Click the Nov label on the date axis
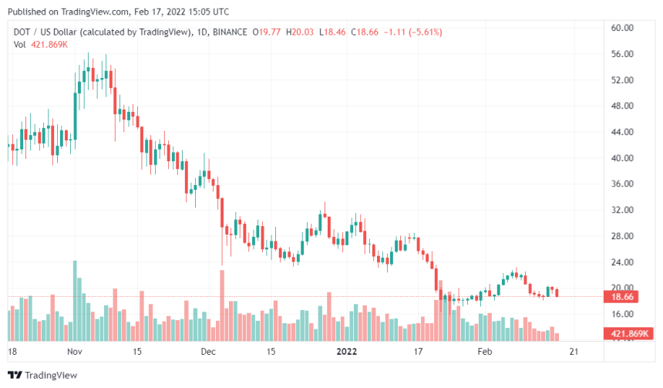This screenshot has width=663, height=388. pyautogui.click(x=75, y=351)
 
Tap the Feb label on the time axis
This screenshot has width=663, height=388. pyautogui.click(x=484, y=351)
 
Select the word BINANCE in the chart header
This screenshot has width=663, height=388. pyautogui.click(x=229, y=32)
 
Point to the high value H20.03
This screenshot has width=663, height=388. pyautogui.click(x=301, y=32)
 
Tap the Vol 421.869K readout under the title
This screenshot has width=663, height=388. pyautogui.click(x=40, y=45)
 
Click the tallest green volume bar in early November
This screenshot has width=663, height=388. pyautogui.click(x=75, y=301)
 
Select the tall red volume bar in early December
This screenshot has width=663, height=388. pyautogui.click(x=222, y=305)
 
